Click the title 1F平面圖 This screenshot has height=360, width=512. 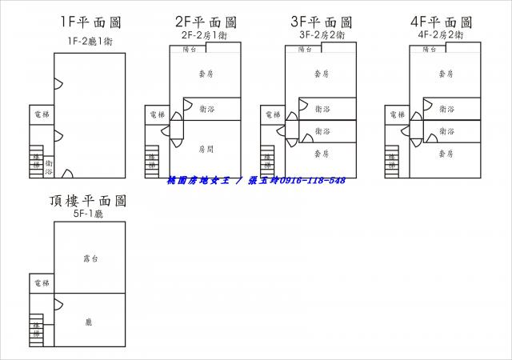(x=90, y=22)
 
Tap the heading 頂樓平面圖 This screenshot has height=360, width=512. (x=89, y=202)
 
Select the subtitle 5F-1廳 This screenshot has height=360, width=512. (x=89, y=214)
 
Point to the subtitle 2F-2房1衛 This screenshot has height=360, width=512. (x=205, y=36)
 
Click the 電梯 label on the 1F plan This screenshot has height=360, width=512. (x=41, y=115)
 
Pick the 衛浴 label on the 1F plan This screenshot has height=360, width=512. (x=49, y=166)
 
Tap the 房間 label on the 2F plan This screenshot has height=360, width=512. (x=206, y=149)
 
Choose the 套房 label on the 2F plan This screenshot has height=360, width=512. (x=206, y=74)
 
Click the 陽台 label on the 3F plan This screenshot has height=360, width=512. (x=305, y=50)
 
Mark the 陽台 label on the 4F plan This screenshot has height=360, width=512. (x=428, y=50)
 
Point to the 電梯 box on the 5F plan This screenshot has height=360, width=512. (x=42, y=284)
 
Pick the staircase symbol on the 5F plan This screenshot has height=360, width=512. (x=35, y=327)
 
